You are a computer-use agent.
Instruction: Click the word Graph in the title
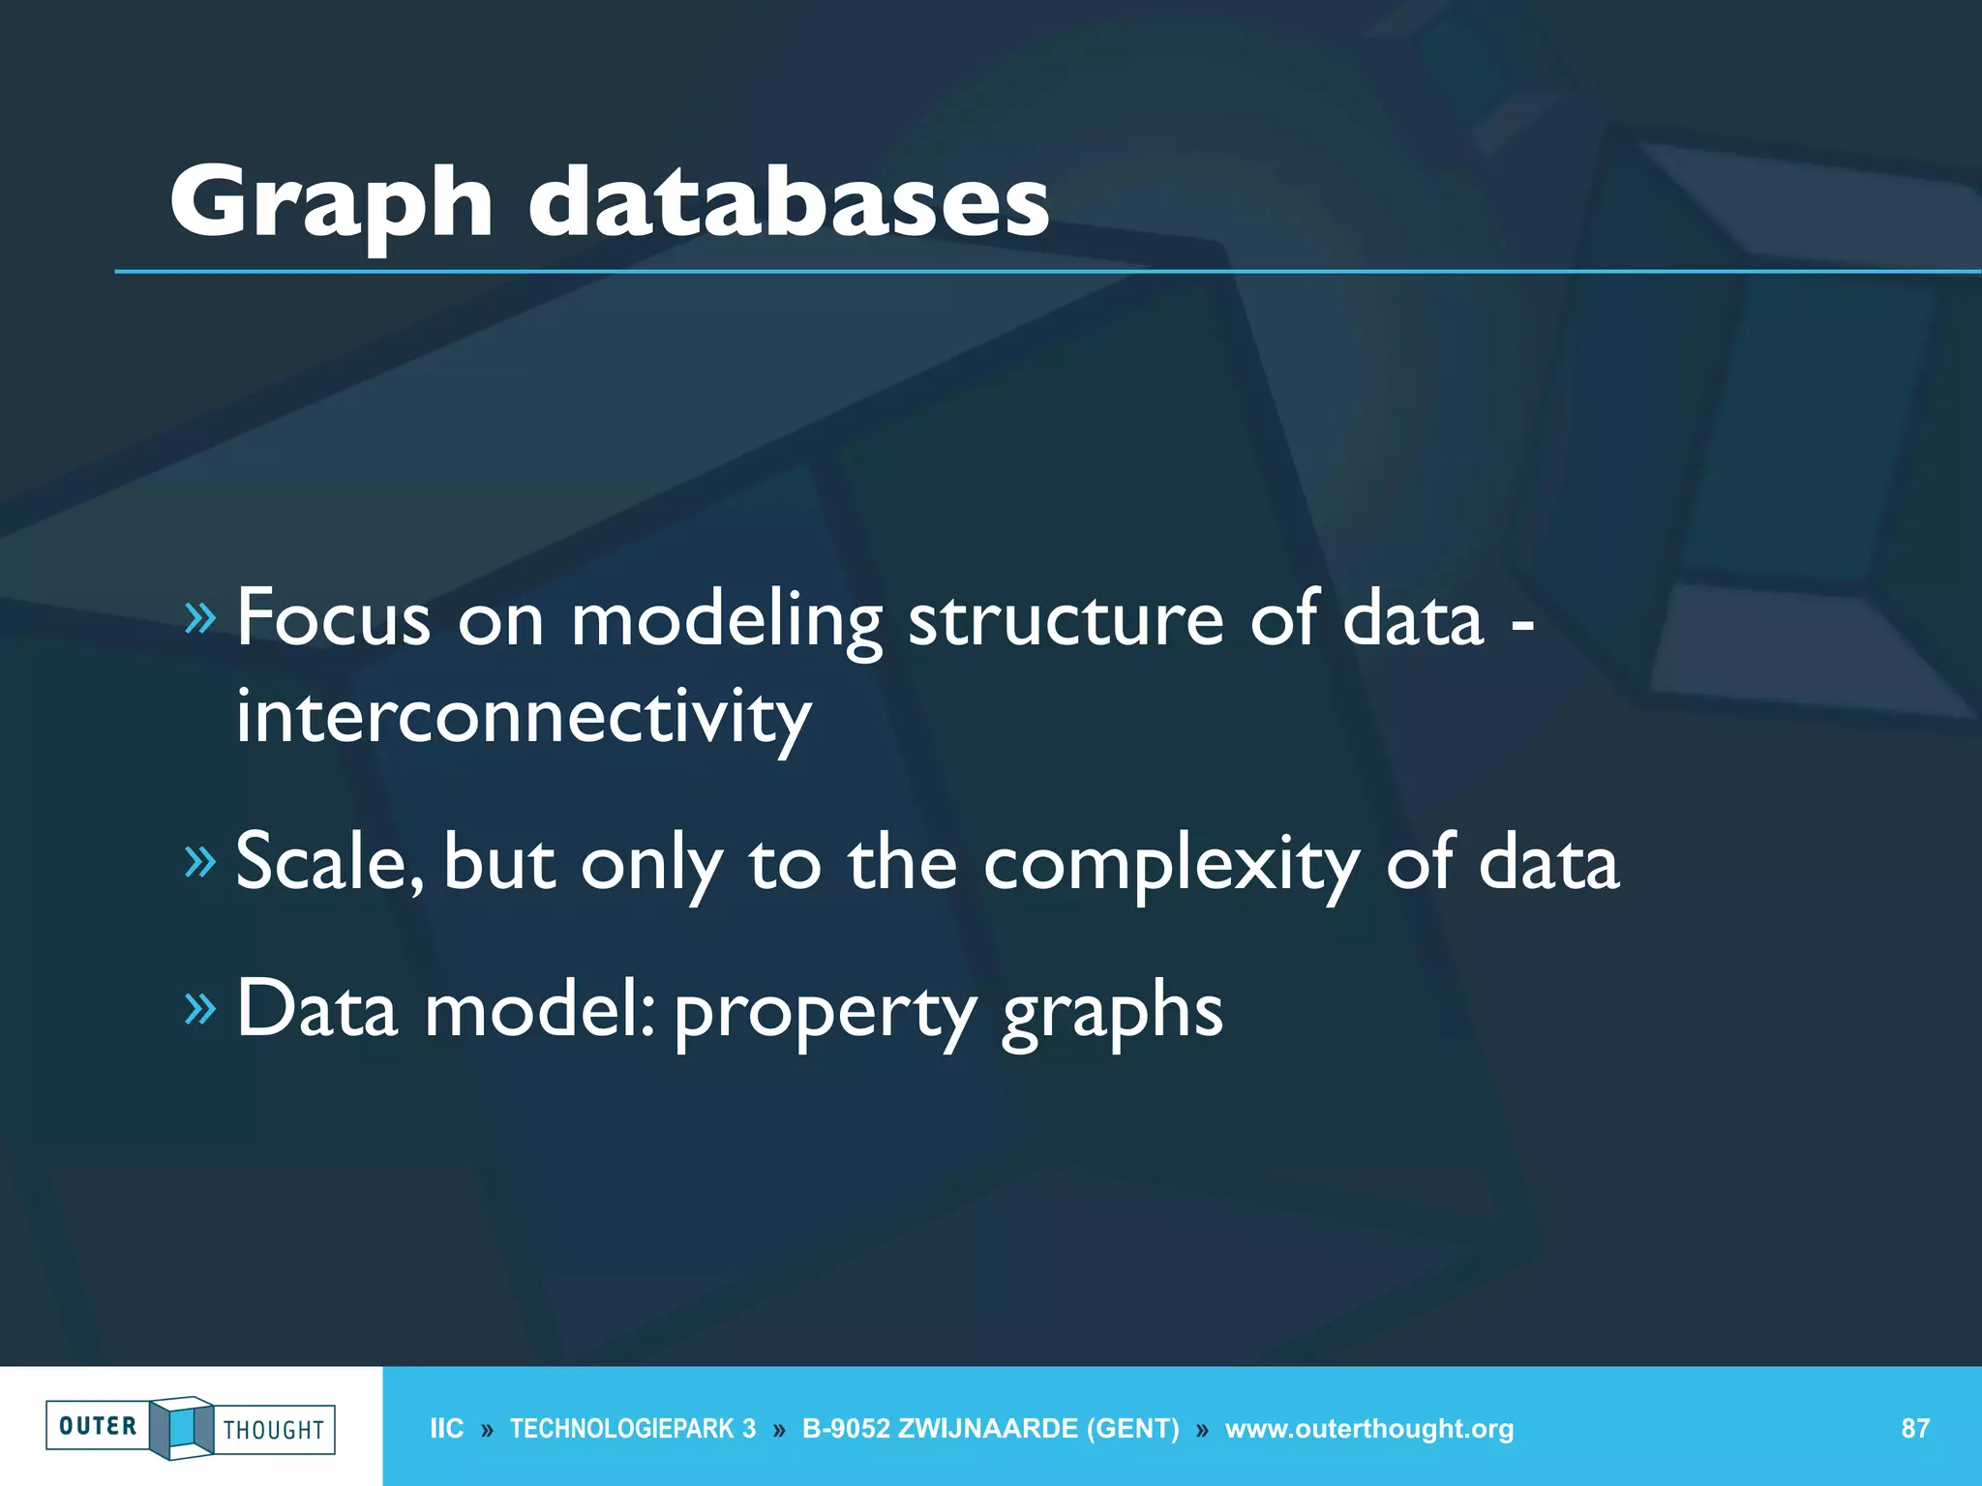[x=331, y=204]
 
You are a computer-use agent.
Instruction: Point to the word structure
[x=1066, y=619]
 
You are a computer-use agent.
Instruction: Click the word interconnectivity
[x=524, y=718]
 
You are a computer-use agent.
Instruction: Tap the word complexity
[x=1171, y=864]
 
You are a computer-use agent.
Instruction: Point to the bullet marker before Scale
[x=199, y=860]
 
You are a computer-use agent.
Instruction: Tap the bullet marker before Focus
[x=199, y=616]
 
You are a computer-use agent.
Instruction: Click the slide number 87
[x=1915, y=1428]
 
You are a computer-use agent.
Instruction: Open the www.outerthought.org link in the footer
[x=1368, y=1429]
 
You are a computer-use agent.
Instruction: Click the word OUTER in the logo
[x=98, y=1426]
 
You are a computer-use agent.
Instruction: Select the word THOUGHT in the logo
[x=274, y=1430]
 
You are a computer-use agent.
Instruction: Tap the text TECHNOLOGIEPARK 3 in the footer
[x=633, y=1429]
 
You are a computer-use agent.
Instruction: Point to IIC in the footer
[x=446, y=1429]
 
